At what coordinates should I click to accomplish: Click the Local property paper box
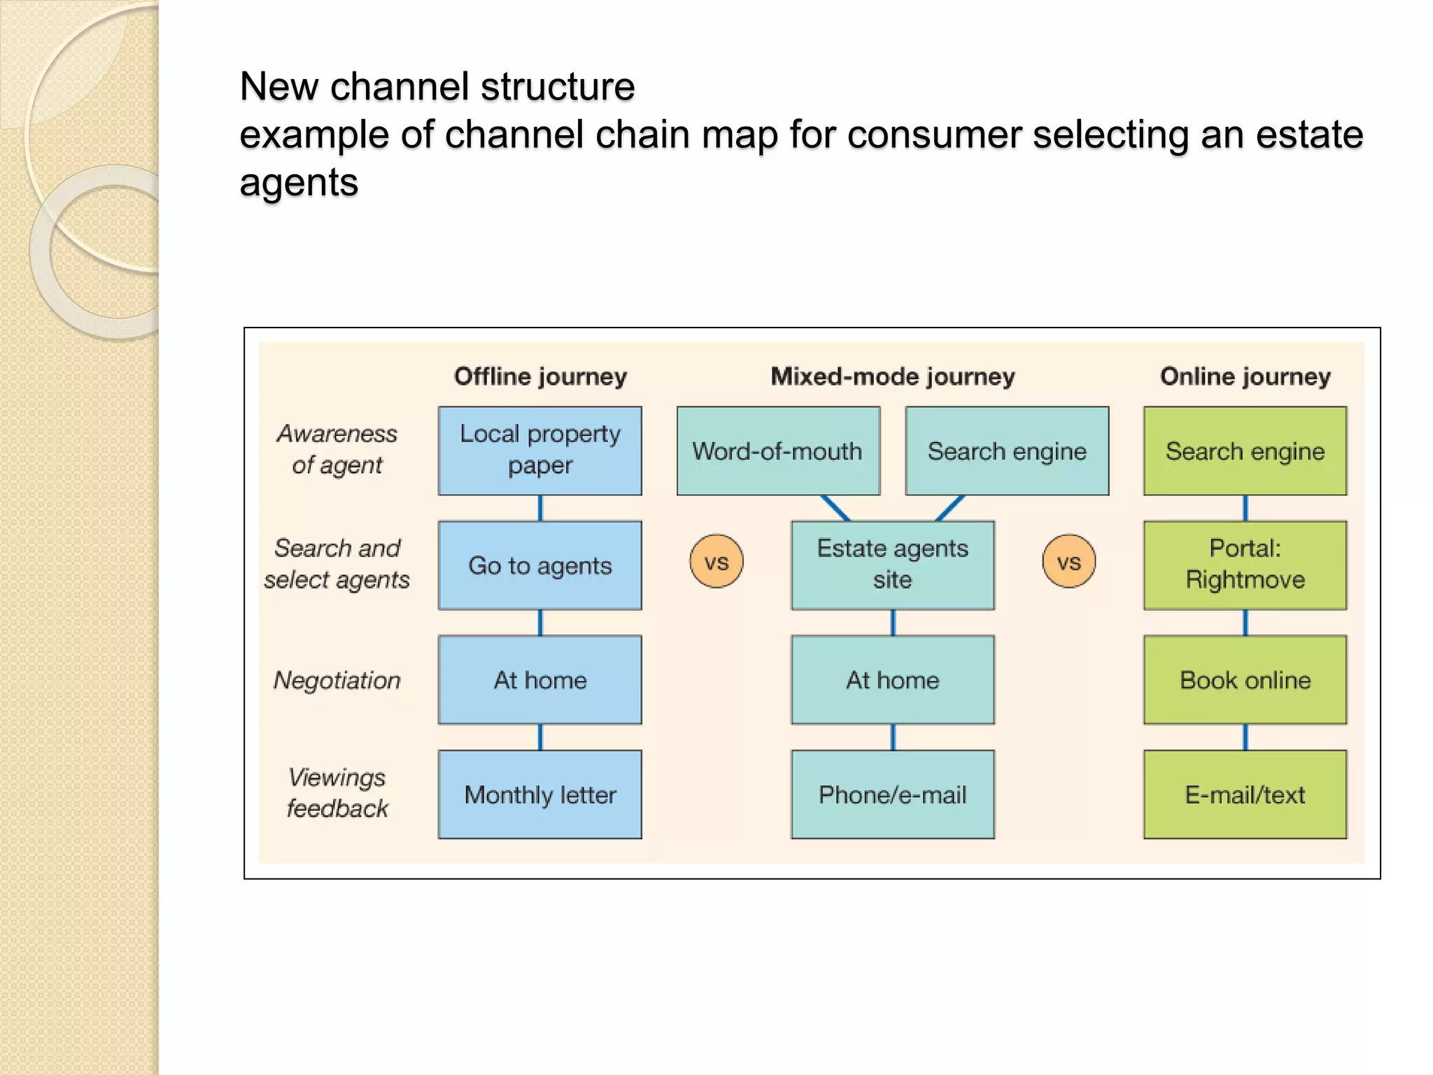pyautogui.click(x=539, y=451)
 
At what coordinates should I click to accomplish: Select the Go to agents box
pyautogui.click(x=539, y=565)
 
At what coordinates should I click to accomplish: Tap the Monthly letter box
pyautogui.click(x=539, y=794)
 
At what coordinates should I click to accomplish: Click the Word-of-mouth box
pyautogui.click(x=777, y=451)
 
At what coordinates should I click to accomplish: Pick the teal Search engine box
pyautogui.click(x=1006, y=451)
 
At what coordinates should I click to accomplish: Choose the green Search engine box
pyautogui.click(x=1245, y=451)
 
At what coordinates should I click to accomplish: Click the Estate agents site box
pyautogui.click(x=892, y=565)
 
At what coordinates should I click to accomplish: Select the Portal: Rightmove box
pyautogui.click(x=1245, y=565)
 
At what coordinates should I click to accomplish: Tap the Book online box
pyautogui.click(x=1245, y=680)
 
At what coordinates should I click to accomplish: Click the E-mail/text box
pyautogui.click(x=1245, y=794)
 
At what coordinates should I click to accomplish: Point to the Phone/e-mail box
pyautogui.click(x=892, y=794)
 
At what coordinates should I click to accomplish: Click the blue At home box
pyautogui.click(x=539, y=680)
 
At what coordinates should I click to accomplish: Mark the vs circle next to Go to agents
pyautogui.click(x=716, y=561)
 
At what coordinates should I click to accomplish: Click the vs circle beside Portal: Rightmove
pyautogui.click(x=1068, y=561)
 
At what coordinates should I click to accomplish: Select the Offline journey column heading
pyautogui.click(x=540, y=377)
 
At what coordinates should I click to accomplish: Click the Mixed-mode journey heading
pyautogui.click(x=892, y=377)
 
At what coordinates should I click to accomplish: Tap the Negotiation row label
pyautogui.click(x=337, y=680)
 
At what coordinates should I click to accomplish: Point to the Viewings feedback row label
pyautogui.click(x=337, y=793)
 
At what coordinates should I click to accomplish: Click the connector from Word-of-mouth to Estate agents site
pyautogui.click(x=835, y=508)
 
